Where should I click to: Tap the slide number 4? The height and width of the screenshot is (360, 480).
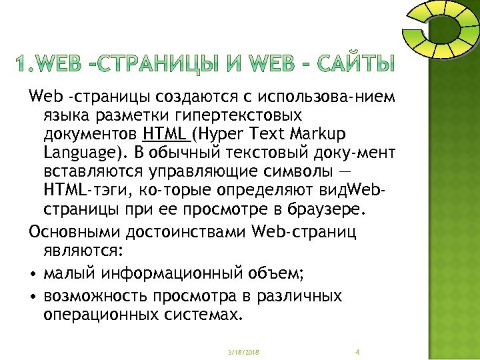point(358,351)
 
